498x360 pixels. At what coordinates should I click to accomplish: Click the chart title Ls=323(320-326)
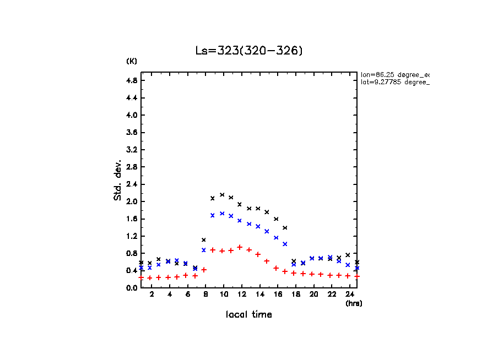tap(249, 51)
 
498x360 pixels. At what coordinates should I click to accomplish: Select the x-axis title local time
tap(249, 315)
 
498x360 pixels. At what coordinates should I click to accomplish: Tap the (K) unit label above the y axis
tap(132, 61)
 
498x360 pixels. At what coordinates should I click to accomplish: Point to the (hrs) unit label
tap(354, 303)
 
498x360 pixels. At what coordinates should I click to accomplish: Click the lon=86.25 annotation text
tap(394, 74)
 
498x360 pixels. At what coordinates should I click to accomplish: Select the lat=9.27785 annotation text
tap(394, 82)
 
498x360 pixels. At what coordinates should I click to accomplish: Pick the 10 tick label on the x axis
tap(223, 295)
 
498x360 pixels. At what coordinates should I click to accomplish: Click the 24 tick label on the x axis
tap(350, 295)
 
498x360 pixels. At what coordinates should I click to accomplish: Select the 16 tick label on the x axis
tap(278, 295)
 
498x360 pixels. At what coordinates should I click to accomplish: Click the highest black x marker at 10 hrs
tap(222, 195)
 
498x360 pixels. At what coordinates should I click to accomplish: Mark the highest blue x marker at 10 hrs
tap(222, 214)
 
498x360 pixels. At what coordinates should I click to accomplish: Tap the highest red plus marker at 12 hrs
tap(240, 247)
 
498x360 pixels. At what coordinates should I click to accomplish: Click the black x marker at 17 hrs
tap(285, 228)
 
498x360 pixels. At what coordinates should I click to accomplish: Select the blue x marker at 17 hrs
tap(285, 244)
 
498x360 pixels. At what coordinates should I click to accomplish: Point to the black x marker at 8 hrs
tap(204, 240)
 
